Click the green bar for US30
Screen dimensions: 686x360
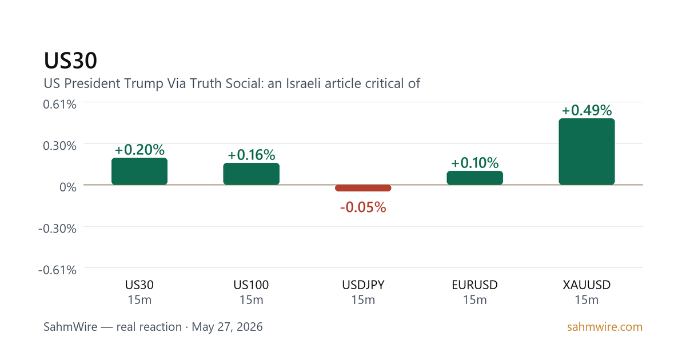[x=139, y=171]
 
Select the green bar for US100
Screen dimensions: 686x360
[x=251, y=174]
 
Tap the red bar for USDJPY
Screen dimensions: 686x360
[x=363, y=188]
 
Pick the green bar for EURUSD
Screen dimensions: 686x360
[x=474, y=178]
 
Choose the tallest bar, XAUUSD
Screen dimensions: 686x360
[x=587, y=151]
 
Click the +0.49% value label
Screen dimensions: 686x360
[x=587, y=110]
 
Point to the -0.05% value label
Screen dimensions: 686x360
[x=363, y=207]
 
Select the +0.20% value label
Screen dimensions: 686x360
[x=139, y=150]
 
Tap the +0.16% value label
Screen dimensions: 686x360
[x=251, y=155]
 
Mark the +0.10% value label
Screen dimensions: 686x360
[x=474, y=163]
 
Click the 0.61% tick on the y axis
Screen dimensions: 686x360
[x=59, y=105]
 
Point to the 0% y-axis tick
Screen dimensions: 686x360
[x=67, y=187]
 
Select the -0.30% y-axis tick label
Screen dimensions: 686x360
[x=57, y=229]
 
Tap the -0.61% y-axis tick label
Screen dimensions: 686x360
[x=57, y=270]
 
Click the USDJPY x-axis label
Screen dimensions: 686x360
[x=363, y=285]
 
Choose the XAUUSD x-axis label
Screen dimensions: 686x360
[x=587, y=285]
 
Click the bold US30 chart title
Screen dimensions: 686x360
[x=70, y=61]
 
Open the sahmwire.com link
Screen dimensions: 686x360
[x=605, y=327]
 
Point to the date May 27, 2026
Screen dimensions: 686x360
[x=227, y=327]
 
